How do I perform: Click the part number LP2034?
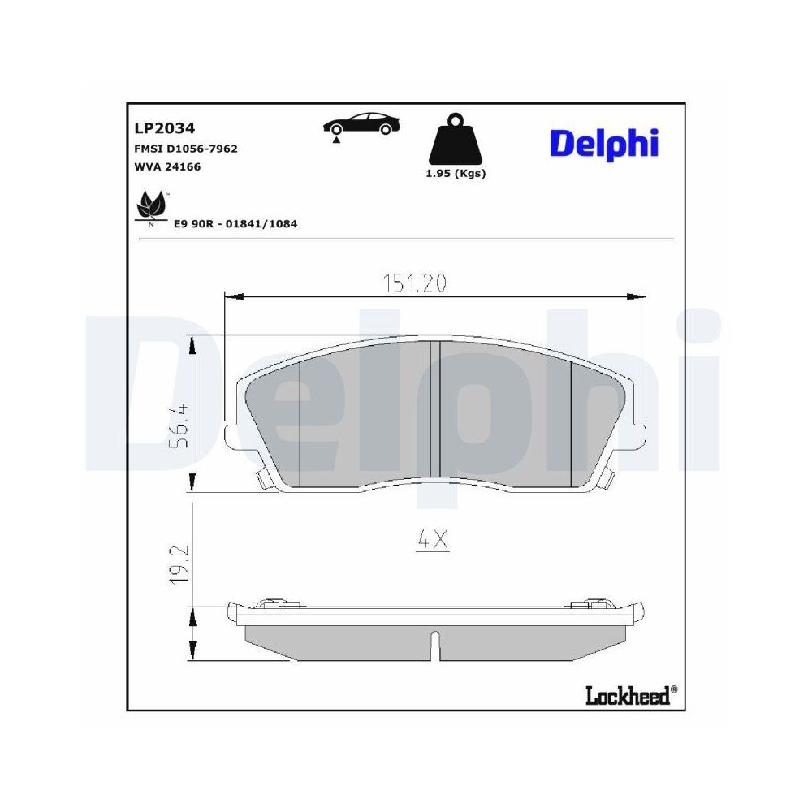coord(163,128)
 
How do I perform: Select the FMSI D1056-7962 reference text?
coord(185,149)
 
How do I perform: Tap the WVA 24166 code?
coord(166,166)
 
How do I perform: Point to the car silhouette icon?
coord(362,123)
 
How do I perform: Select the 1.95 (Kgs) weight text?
coord(456,174)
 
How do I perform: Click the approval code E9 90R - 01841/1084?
coord(235,222)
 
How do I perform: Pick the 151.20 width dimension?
coord(415,283)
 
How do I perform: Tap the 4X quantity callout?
coord(433,539)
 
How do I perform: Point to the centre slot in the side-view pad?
coord(436,645)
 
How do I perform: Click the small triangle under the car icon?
coord(335,141)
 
